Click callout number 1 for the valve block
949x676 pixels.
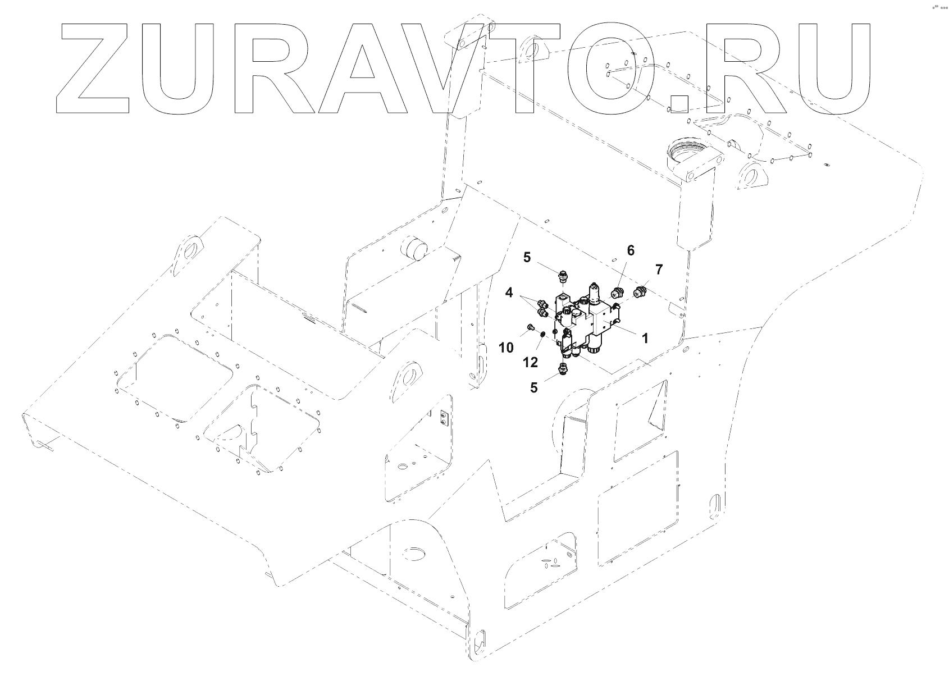point(645,338)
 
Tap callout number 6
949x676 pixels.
point(630,250)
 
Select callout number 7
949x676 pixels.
point(659,269)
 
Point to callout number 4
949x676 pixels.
point(509,292)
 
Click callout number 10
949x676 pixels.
point(506,348)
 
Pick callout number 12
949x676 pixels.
point(531,362)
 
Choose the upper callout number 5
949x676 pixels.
point(526,257)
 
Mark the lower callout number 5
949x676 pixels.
point(533,387)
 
